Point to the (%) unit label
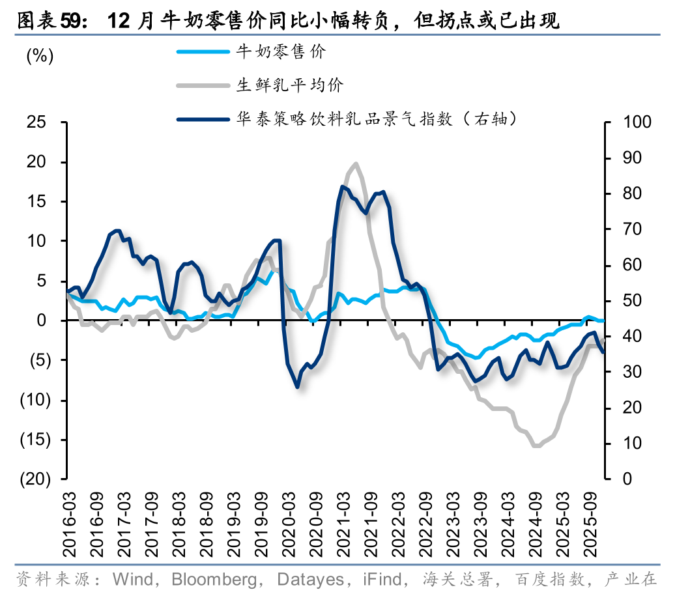coord(40,56)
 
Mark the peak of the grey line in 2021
coord(356,163)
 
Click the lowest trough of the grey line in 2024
coord(537,446)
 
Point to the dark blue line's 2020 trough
coord(297,387)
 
